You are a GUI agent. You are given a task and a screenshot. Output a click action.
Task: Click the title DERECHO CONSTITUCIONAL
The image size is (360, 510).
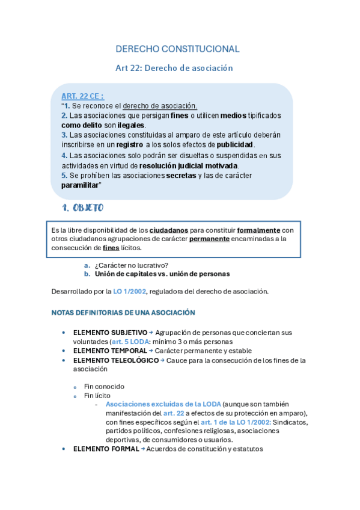pos(177,49)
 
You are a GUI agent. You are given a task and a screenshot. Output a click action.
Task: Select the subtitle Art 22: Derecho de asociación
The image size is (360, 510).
pos(174,68)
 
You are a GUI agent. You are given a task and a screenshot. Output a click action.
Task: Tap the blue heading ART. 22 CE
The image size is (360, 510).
pos(82,96)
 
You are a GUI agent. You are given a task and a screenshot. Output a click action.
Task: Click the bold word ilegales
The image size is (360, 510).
pos(131,125)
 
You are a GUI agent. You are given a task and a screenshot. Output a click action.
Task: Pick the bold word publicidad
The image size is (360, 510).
pos(235,145)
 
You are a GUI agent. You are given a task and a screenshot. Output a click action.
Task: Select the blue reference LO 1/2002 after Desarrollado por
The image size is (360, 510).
pos(129,292)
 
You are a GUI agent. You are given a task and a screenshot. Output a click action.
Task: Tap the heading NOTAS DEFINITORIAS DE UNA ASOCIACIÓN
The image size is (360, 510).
pos(123,313)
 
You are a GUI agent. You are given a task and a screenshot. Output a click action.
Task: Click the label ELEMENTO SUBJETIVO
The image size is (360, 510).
pos(110,333)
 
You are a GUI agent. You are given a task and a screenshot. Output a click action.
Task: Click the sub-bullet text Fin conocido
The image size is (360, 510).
pos(104,387)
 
